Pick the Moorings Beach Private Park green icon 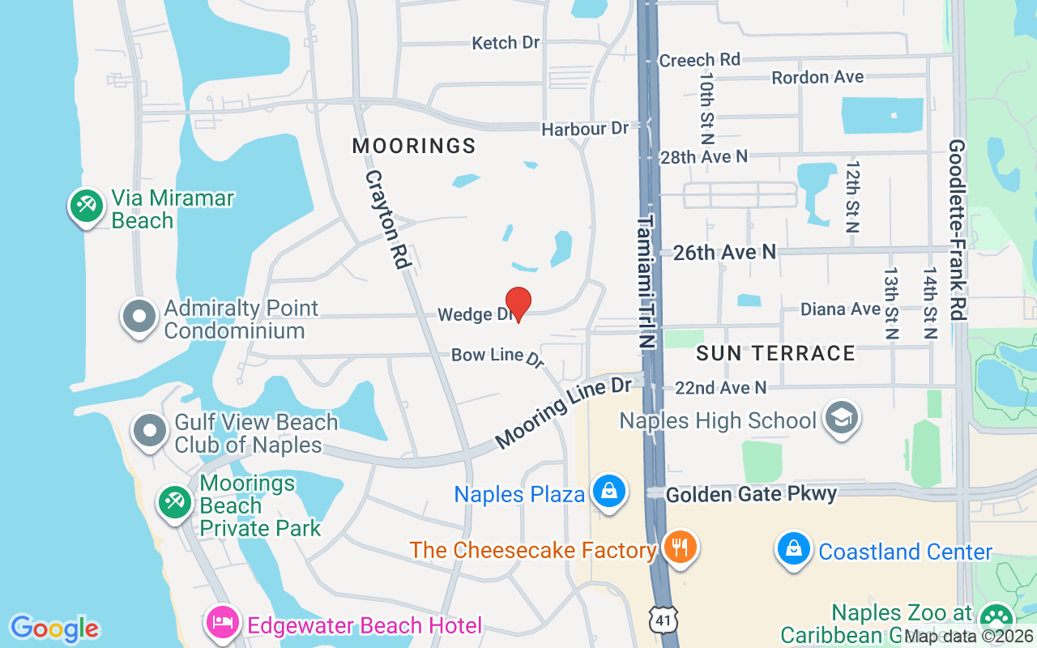(174, 501)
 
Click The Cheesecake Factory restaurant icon (680, 547)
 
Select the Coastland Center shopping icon (795, 548)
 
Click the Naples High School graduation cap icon (842, 418)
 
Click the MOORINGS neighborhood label (414, 146)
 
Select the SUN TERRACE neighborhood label (775, 353)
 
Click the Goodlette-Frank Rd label (958, 230)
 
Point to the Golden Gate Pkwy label (751, 493)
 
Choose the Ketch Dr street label (506, 43)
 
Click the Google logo (55, 629)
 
